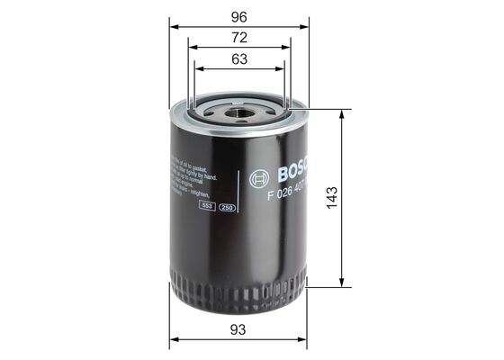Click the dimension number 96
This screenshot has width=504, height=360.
(x=238, y=15)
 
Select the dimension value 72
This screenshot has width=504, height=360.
(x=238, y=38)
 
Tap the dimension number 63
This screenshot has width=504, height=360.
(x=238, y=60)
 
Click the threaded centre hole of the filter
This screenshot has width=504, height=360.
(x=239, y=112)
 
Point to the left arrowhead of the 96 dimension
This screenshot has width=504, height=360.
(x=173, y=25)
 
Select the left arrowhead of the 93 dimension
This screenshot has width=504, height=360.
(x=173, y=340)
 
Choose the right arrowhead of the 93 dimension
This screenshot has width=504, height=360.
(x=304, y=340)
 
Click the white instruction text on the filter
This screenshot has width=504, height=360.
(x=191, y=176)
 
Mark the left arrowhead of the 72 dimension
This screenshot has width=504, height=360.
(x=192, y=48)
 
